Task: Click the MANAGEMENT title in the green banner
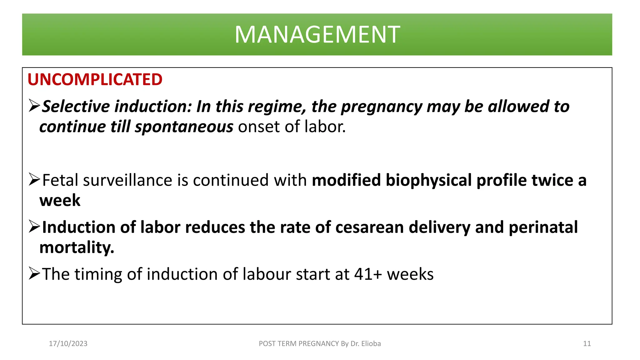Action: point(317,34)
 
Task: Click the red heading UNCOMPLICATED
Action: point(95,79)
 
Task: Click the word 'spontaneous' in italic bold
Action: point(184,127)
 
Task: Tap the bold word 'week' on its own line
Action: point(60,200)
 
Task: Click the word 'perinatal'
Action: point(543,227)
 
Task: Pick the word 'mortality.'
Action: point(77,247)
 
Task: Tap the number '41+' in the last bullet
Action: point(368,274)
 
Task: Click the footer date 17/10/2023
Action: point(68,344)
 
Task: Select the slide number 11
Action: point(587,344)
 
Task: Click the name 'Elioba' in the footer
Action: point(371,344)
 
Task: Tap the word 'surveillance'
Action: point(127,180)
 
